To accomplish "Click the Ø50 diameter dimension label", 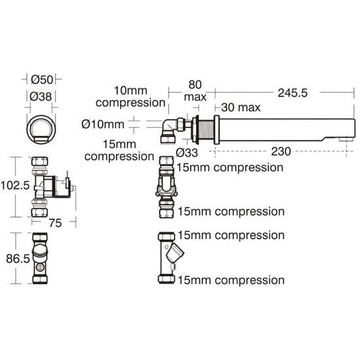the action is coord(42,80).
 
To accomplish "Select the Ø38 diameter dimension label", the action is coord(41,97).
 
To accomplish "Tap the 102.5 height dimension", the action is coord(15,186).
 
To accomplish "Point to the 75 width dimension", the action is coord(56,223).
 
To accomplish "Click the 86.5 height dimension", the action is coord(18,259).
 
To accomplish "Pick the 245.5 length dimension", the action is coord(293,93).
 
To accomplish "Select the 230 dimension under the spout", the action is coord(281,152).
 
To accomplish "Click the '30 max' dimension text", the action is coord(241,107).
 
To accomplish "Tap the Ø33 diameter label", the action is coord(187,152).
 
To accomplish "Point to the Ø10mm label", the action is coord(103,124).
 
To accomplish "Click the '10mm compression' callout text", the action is coord(131,97).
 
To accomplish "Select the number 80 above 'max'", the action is coord(195,84).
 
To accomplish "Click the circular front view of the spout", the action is coord(41,129).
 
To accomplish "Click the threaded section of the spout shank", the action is coord(206,130).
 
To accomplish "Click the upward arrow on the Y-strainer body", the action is coord(167,247).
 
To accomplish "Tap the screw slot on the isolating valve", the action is coord(40,267).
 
